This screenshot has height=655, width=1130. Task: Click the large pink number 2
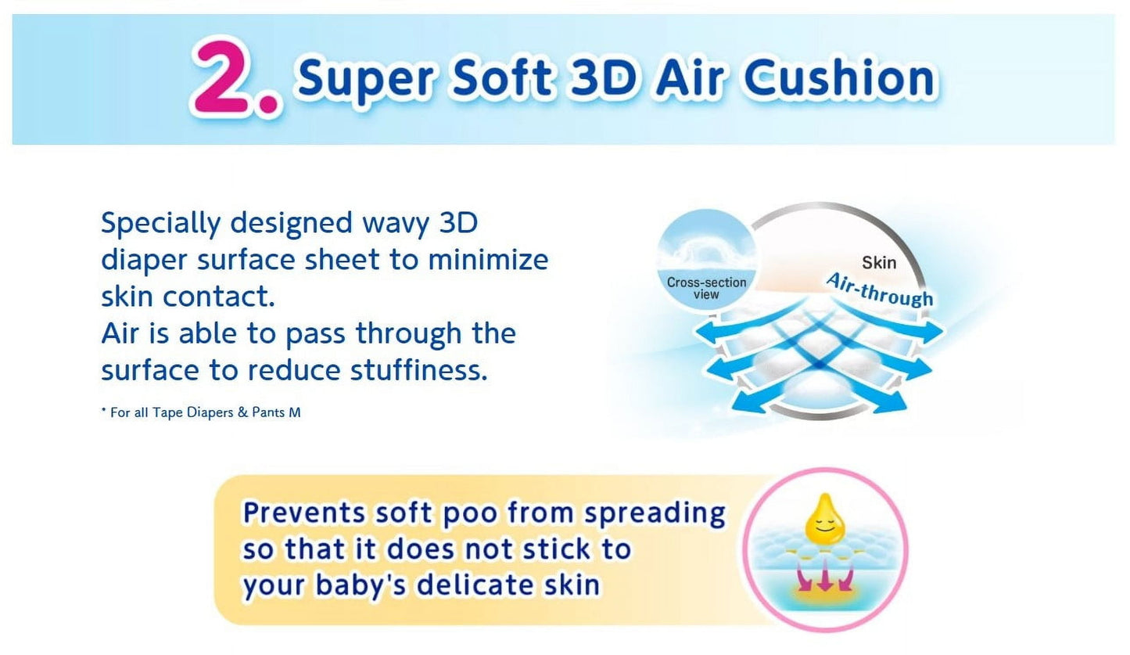click(223, 76)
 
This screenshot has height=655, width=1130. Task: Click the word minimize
click(488, 260)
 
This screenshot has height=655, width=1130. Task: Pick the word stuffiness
click(418, 369)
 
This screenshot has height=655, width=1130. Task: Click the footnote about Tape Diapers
click(201, 412)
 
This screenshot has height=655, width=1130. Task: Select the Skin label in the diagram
click(879, 263)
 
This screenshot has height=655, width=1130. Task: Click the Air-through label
click(879, 290)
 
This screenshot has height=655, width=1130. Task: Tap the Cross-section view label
click(706, 288)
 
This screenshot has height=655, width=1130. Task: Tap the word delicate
click(475, 585)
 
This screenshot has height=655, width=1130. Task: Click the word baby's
click(361, 585)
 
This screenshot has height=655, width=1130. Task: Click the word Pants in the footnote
click(268, 412)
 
